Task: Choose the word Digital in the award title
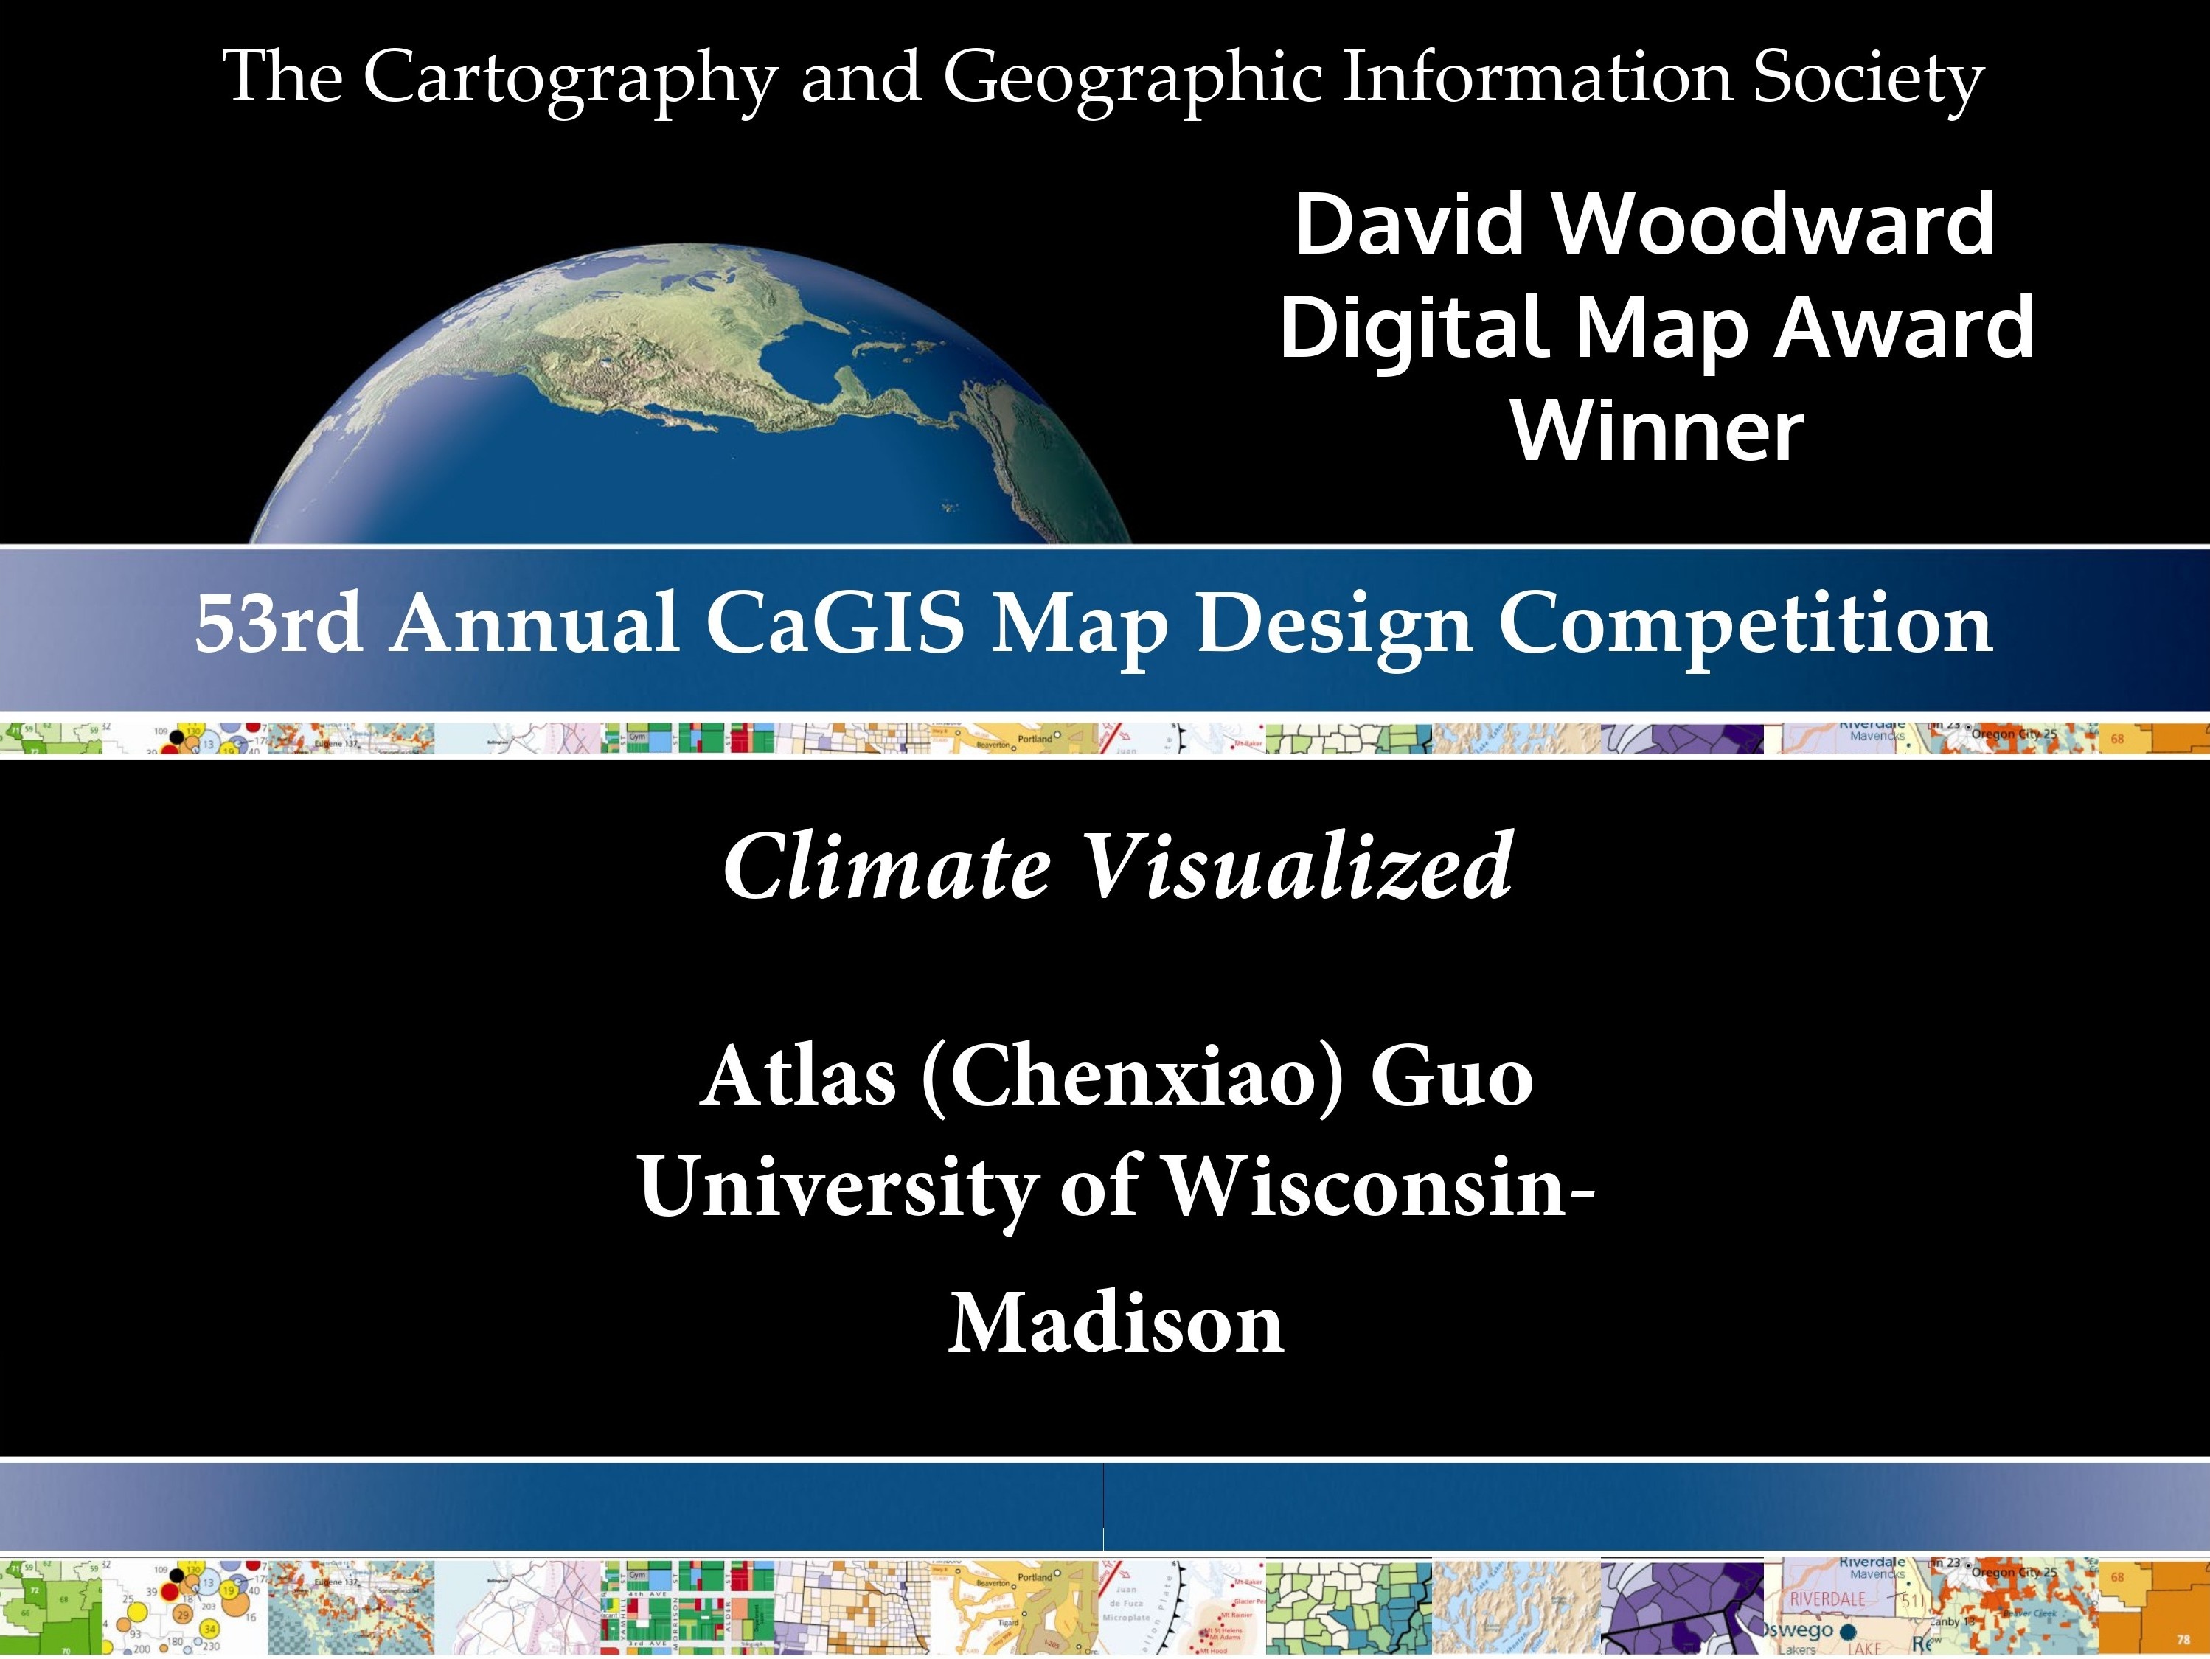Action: pyautogui.click(x=1413, y=330)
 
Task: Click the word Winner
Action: pyautogui.click(x=1658, y=431)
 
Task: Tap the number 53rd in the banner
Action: pyautogui.click(x=279, y=625)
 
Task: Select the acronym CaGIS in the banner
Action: pyautogui.click(x=834, y=625)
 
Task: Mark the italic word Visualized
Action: pyautogui.click(x=1298, y=867)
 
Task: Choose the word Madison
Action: pyautogui.click(x=1115, y=1324)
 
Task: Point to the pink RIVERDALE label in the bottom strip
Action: pyautogui.click(x=1827, y=1599)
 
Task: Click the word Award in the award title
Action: pyautogui.click(x=1903, y=330)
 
